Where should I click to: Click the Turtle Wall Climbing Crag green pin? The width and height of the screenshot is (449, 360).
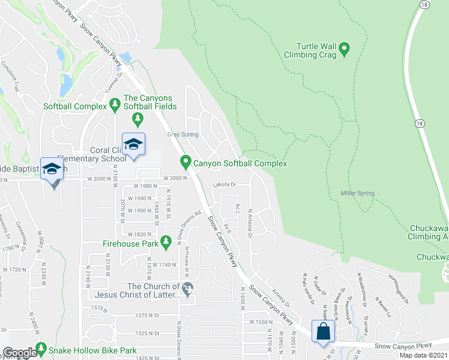345,49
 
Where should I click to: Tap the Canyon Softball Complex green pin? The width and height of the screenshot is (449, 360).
186,162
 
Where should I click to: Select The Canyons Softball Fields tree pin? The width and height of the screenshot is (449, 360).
138,119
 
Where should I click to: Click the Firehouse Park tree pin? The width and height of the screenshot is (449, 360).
166,242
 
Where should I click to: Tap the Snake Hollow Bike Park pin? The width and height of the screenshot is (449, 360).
41,349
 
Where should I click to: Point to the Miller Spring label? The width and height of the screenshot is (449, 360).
357,193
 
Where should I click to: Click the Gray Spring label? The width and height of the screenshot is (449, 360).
182,134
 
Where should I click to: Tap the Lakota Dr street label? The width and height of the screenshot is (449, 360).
225,186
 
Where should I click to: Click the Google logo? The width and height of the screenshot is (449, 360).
20,353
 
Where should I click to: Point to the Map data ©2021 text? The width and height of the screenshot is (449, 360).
423,355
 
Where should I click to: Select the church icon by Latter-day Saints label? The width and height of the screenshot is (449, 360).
188,290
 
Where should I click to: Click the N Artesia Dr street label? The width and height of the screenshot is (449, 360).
250,223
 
